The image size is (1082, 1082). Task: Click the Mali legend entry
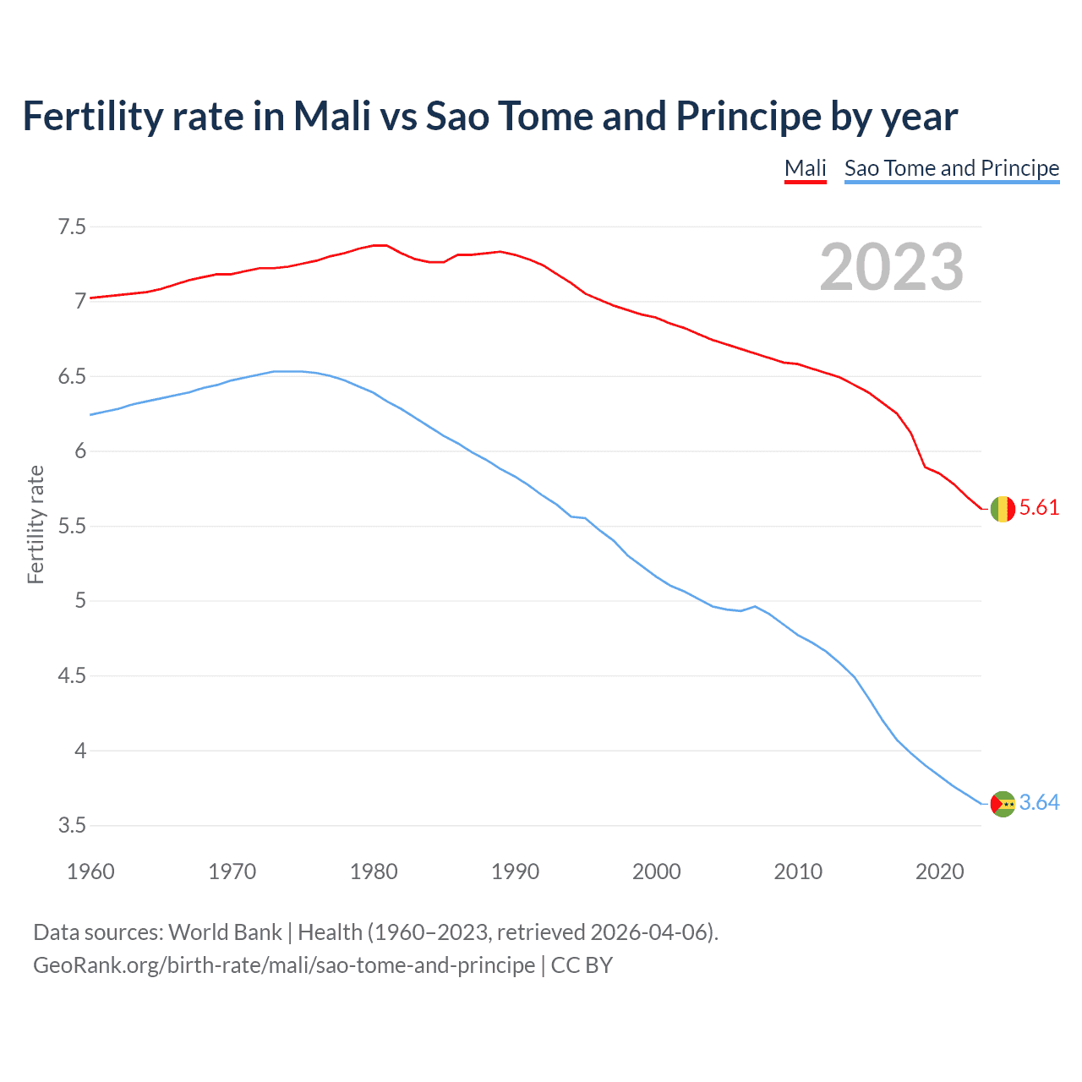pyautogui.click(x=805, y=168)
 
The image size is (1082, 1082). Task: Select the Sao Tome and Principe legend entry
pyautogui.click(x=951, y=168)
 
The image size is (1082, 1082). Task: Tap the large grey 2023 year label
pyautogui.click(x=892, y=267)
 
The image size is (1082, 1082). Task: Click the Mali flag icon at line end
pyautogui.click(x=1003, y=509)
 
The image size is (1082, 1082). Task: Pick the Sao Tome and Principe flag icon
pyautogui.click(x=1003, y=804)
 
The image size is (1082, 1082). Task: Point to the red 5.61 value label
pyautogui.click(x=1039, y=507)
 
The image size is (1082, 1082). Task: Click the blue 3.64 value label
pyautogui.click(x=1039, y=802)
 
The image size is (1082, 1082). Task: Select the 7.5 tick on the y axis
pyautogui.click(x=72, y=227)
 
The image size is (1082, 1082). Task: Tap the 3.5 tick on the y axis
pyautogui.click(x=72, y=825)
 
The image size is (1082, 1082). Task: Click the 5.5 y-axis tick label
pyautogui.click(x=72, y=526)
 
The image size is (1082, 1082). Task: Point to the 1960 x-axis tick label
pyautogui.click(x=90, y=872)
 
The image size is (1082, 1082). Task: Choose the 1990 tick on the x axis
pyautogui.click(x=515, y=872)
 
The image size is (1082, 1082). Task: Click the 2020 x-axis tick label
pyautogui.click(x=939, y=872)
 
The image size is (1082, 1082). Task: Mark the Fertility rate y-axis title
pyautogui.click(x=36, y=524)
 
